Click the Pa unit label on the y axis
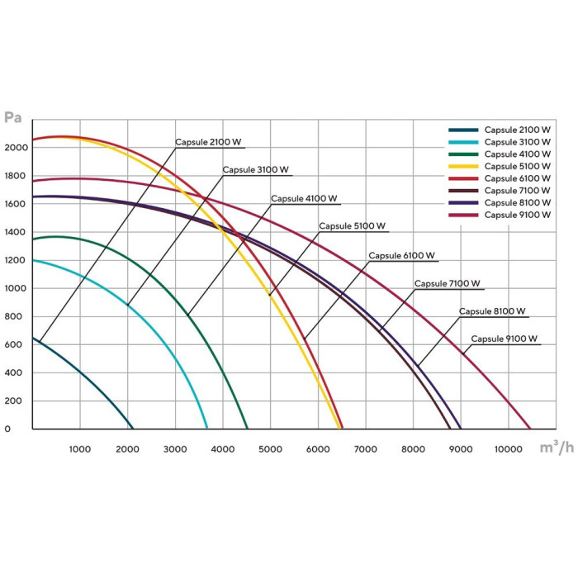click(x=12, y=116)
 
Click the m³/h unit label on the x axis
click(x=557, y=448)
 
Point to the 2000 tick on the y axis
click(x=17, y=148)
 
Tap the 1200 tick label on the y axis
click(x=17, y=260)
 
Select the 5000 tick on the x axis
click(x=270, y=448)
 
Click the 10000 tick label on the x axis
click(x=508, y=448)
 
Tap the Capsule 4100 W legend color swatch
click(x=464, y=154)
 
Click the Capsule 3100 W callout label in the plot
click(x=256, y=170)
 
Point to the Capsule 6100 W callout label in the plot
click(x=402, y=255)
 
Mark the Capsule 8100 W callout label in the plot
click(x=492, y=311)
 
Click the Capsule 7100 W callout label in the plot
click(x=447, y=283)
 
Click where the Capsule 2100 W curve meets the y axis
click(x=32, y=338)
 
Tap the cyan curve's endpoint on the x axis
click(x=207, y=429)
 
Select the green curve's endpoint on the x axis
click(x=248, y=429)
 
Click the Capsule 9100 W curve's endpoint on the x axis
click(x=530, y=429)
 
